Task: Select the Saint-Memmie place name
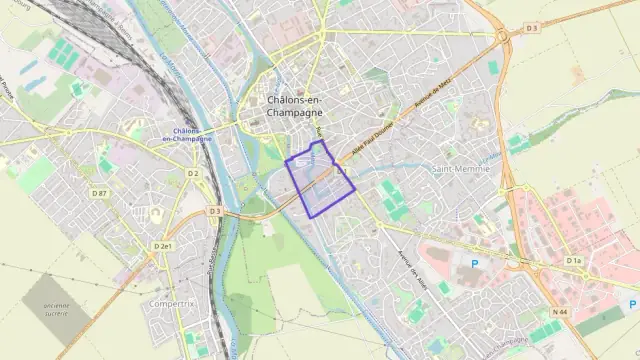click(459, 169)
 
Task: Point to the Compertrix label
click(168, 303)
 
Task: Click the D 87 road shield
click(98, 193)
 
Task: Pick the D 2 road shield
click(194, 174)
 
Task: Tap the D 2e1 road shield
click(163, 246)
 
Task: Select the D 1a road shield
click(573, 261)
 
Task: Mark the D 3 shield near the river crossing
click(215, 211)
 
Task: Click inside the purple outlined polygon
click(320, 180)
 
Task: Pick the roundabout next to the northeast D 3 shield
click(503, 37)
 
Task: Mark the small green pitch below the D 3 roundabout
click(493, 67)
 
